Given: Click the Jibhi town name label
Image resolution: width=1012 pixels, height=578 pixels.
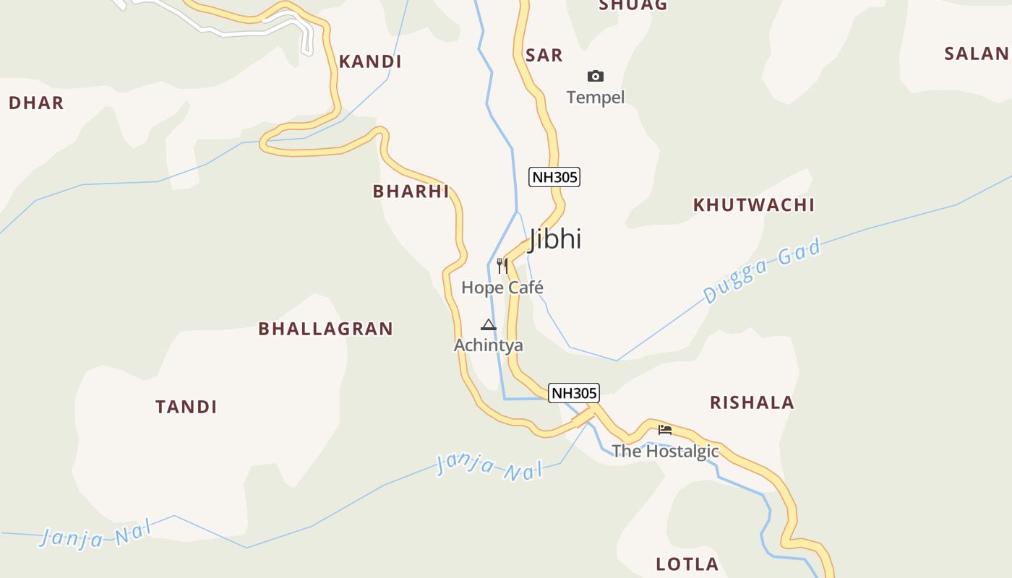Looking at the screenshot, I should point(555,238).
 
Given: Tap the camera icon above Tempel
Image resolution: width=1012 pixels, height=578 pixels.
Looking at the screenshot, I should point(596,76).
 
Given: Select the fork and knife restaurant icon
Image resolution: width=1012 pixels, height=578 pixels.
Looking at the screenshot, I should point(502,265).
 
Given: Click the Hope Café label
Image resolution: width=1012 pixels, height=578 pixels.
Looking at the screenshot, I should point(502,288).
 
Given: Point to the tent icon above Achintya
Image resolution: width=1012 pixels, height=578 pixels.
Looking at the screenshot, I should point(489,325).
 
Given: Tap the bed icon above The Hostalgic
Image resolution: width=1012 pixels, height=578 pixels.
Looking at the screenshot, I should point(665,429).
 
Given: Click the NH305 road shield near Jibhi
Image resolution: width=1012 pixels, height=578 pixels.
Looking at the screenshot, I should point(554,177).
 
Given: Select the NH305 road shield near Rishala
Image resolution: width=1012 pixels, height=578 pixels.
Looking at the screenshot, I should point(574,393).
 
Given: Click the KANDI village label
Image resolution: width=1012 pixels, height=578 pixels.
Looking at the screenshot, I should point(370,62).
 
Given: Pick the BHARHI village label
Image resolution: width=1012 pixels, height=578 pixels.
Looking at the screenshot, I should point(411,191).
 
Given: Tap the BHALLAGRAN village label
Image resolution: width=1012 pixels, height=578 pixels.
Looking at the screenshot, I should point(325,329).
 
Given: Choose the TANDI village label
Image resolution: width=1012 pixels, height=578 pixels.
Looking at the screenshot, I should point(186,407).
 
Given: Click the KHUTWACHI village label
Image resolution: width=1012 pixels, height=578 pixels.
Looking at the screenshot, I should point(754,205).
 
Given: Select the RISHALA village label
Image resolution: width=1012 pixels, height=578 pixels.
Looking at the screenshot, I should point(752,403).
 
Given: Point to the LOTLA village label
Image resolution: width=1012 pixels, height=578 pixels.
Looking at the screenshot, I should point(687,564).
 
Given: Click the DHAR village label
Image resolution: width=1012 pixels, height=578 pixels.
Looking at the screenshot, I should point(36,103).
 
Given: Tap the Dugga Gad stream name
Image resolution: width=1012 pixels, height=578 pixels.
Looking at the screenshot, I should point(763,272).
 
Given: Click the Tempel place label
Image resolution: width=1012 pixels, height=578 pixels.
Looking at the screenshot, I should point(596,98).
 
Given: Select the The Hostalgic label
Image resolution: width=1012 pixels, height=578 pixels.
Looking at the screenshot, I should point(665,452).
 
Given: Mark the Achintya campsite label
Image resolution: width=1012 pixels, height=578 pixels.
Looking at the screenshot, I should point(489,345).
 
